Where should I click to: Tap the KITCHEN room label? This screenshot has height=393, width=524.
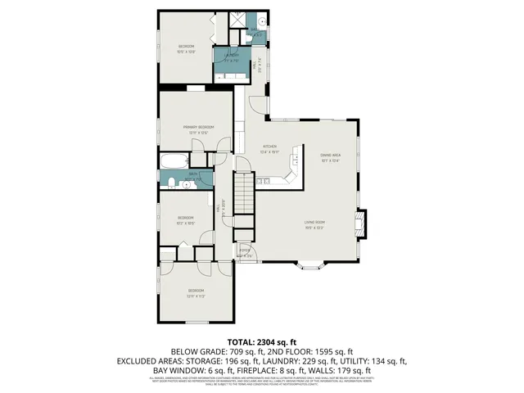(270, 147)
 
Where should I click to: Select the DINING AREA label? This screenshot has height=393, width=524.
(330, 155)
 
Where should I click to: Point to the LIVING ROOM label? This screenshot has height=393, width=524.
(315, 222)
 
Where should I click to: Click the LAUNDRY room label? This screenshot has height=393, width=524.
(232, 55)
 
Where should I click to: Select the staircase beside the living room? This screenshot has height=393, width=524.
(245, 194)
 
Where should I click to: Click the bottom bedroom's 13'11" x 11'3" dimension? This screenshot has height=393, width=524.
(195, 296)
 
